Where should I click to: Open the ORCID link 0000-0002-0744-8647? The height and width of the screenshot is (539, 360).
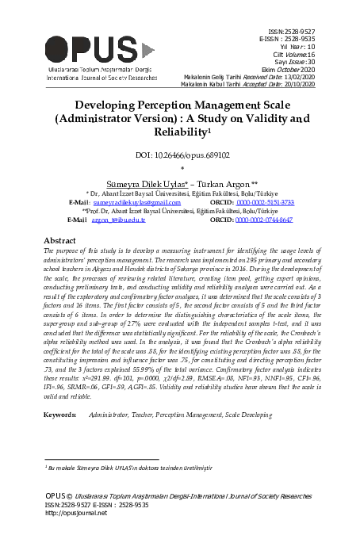pos(264,219)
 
